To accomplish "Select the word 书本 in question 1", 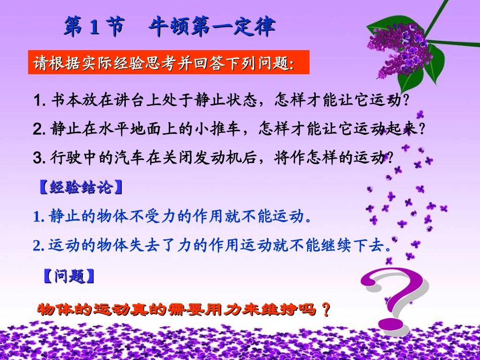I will (65, 100).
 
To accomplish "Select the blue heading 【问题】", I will (67, 276).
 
